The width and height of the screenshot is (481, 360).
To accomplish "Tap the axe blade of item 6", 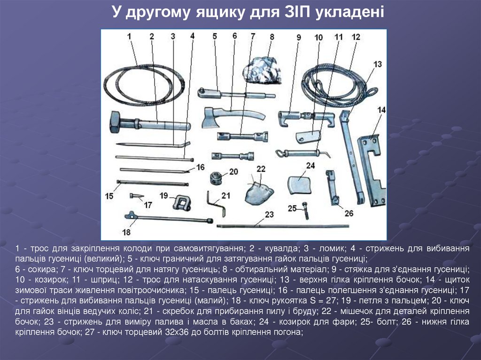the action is pos(209,118).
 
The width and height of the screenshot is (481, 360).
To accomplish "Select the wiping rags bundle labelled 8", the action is pos(262,70).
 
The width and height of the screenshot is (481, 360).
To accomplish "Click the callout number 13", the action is pos(377,64).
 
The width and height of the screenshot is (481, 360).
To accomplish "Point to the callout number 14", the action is pos(381,110).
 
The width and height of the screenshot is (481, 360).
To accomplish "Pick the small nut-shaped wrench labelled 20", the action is pos(217,177).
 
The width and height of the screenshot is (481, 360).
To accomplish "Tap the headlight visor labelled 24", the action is pos(299,185).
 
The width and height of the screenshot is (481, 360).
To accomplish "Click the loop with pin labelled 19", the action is pos(182,203).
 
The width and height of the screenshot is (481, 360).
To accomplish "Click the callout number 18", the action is pos(126,232).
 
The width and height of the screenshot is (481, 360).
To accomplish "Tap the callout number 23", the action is pos(269,214).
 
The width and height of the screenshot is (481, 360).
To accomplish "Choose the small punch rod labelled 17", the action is pos(137,195).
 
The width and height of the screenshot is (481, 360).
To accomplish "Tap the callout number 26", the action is pos(349,213).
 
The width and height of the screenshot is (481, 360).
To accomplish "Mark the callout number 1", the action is pos(129,36).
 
